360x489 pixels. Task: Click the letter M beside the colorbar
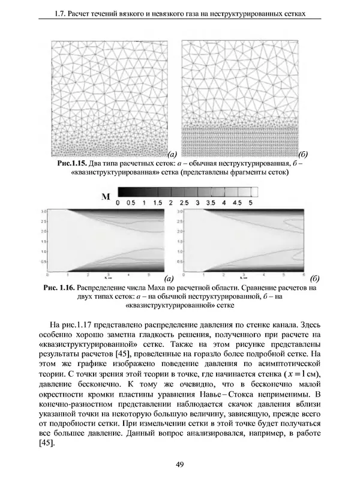[x=107, y=196]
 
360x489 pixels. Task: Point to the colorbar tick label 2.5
[x=185, y=203]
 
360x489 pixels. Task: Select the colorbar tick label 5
[x=249, y=203]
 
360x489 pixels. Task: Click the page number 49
[x=179, y=463]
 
